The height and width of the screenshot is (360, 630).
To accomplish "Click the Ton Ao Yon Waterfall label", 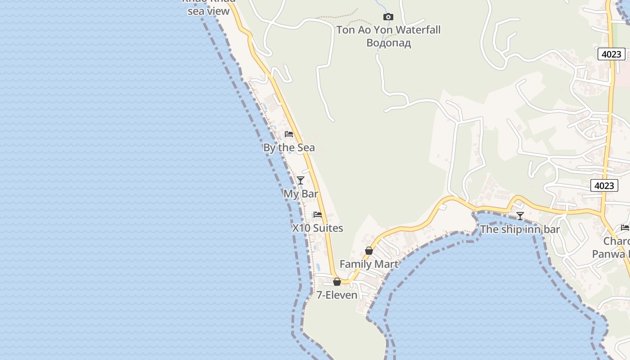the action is (388, 30).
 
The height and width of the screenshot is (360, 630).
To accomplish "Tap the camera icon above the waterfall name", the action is (388, 17).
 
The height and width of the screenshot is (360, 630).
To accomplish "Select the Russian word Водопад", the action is (388, 43).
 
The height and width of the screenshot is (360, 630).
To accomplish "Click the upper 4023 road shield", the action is (612, 54).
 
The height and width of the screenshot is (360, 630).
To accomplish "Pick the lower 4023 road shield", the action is (604, 185).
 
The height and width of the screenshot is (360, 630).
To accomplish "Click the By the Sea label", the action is (289, 148).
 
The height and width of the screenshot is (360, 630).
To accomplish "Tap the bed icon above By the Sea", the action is (289, 134).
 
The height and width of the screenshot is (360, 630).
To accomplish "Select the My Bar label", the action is (301, 194).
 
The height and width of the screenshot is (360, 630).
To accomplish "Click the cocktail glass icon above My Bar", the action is (301, 180).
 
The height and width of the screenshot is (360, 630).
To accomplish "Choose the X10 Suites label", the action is (318, 228).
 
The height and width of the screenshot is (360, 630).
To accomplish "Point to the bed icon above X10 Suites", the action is (318, 215).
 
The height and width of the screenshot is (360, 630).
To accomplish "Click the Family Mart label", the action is (369, 264).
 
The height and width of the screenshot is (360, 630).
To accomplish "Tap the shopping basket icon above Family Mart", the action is (369, 251).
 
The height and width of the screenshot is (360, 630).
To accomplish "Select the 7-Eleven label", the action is (337, 295).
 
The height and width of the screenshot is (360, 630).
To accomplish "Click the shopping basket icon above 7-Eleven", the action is (337, 282).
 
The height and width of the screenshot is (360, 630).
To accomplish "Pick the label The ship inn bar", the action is (520, 229).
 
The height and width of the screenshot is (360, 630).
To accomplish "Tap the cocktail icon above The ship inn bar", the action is (520, 216).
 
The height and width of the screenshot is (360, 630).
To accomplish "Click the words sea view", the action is (208, 12).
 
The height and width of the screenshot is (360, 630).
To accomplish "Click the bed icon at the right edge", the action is (625, 228).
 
